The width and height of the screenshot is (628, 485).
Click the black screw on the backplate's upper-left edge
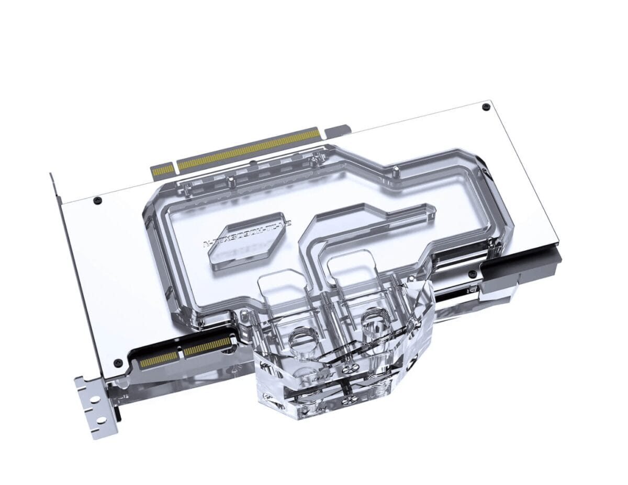tap(96, 200)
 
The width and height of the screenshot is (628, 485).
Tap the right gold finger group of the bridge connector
tap(207, 347)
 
